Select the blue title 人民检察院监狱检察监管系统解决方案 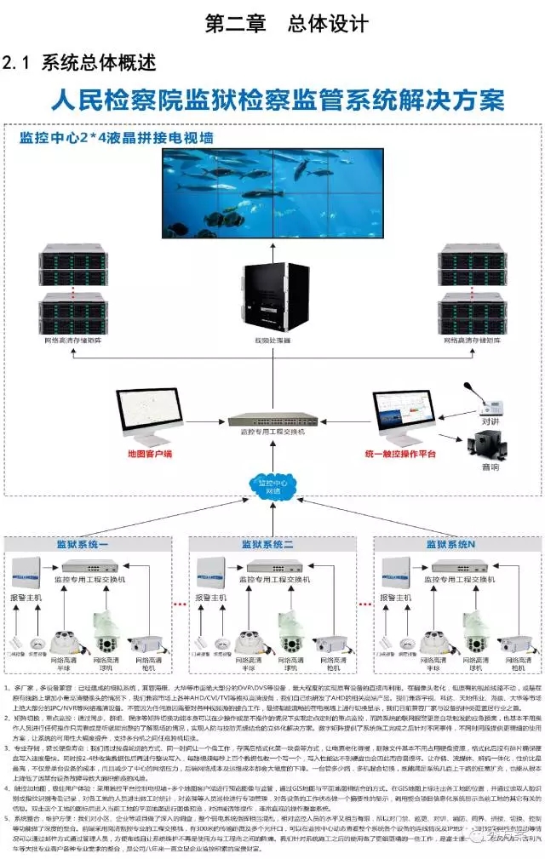click(278, 101)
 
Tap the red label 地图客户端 click(149, 454)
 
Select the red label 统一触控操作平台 click(400, 454)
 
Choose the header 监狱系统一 click(83, 544)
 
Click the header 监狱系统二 click(267, 544)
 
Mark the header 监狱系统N click(452, 544)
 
